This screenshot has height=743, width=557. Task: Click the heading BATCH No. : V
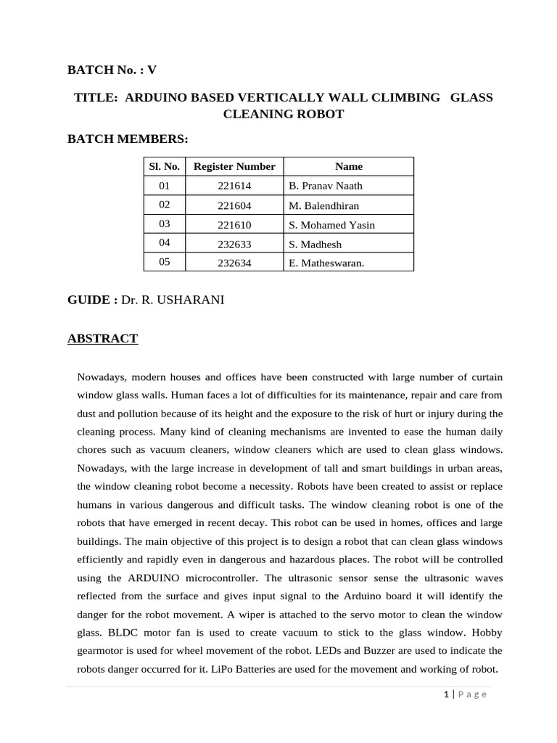112,70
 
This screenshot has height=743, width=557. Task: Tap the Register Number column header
234,166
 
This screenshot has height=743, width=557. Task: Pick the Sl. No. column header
164,166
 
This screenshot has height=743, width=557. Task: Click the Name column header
348,166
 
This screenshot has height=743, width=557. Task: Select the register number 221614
234,186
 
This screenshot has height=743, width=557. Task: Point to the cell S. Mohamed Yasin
331,225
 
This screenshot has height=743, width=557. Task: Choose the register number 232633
234,245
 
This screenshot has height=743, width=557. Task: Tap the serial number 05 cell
164,263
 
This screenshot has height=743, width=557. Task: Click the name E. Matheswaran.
326,263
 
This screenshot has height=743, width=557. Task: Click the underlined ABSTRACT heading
102,339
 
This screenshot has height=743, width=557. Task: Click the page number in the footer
445,694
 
